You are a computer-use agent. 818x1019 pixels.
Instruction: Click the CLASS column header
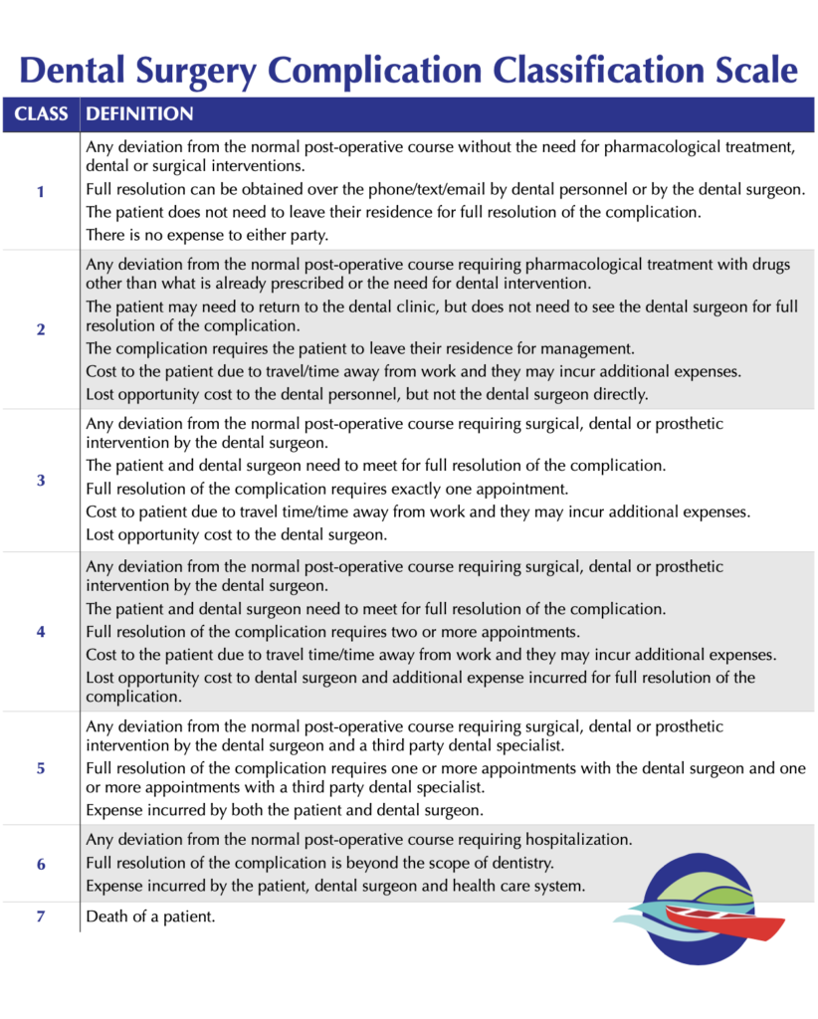41,114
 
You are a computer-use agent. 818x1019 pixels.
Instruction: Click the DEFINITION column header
139,114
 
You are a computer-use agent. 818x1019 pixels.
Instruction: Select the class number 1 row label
41,191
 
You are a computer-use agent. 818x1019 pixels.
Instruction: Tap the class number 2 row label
41,329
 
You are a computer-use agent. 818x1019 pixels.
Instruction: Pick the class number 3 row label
41,480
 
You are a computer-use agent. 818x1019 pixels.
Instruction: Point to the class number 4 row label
41,631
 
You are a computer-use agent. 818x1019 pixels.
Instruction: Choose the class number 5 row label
41,767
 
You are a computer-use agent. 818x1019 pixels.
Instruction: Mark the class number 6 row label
41,863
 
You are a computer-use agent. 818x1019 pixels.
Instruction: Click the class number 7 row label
41,917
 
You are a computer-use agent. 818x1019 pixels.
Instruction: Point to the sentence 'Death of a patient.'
151,917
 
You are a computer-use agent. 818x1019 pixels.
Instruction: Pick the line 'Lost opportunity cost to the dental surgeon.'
236,535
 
